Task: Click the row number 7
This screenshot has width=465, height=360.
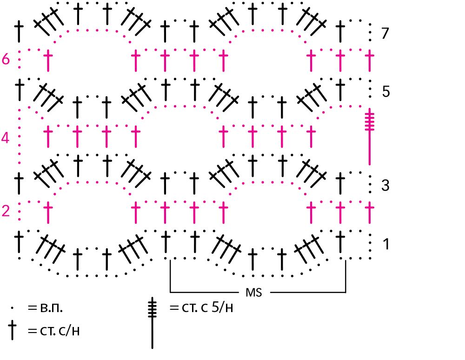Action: (384, 33)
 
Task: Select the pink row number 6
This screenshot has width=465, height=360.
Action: (6, 60)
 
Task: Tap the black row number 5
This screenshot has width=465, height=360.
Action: (385, 92)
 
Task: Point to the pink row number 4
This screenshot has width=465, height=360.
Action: (6, 138)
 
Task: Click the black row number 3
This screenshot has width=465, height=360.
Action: (385, 186)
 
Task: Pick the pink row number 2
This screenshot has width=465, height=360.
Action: (6, 211)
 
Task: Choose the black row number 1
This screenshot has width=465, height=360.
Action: (385, 243)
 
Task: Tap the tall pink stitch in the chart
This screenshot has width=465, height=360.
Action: (370, 137)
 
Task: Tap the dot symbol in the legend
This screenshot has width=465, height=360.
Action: (13, 308)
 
